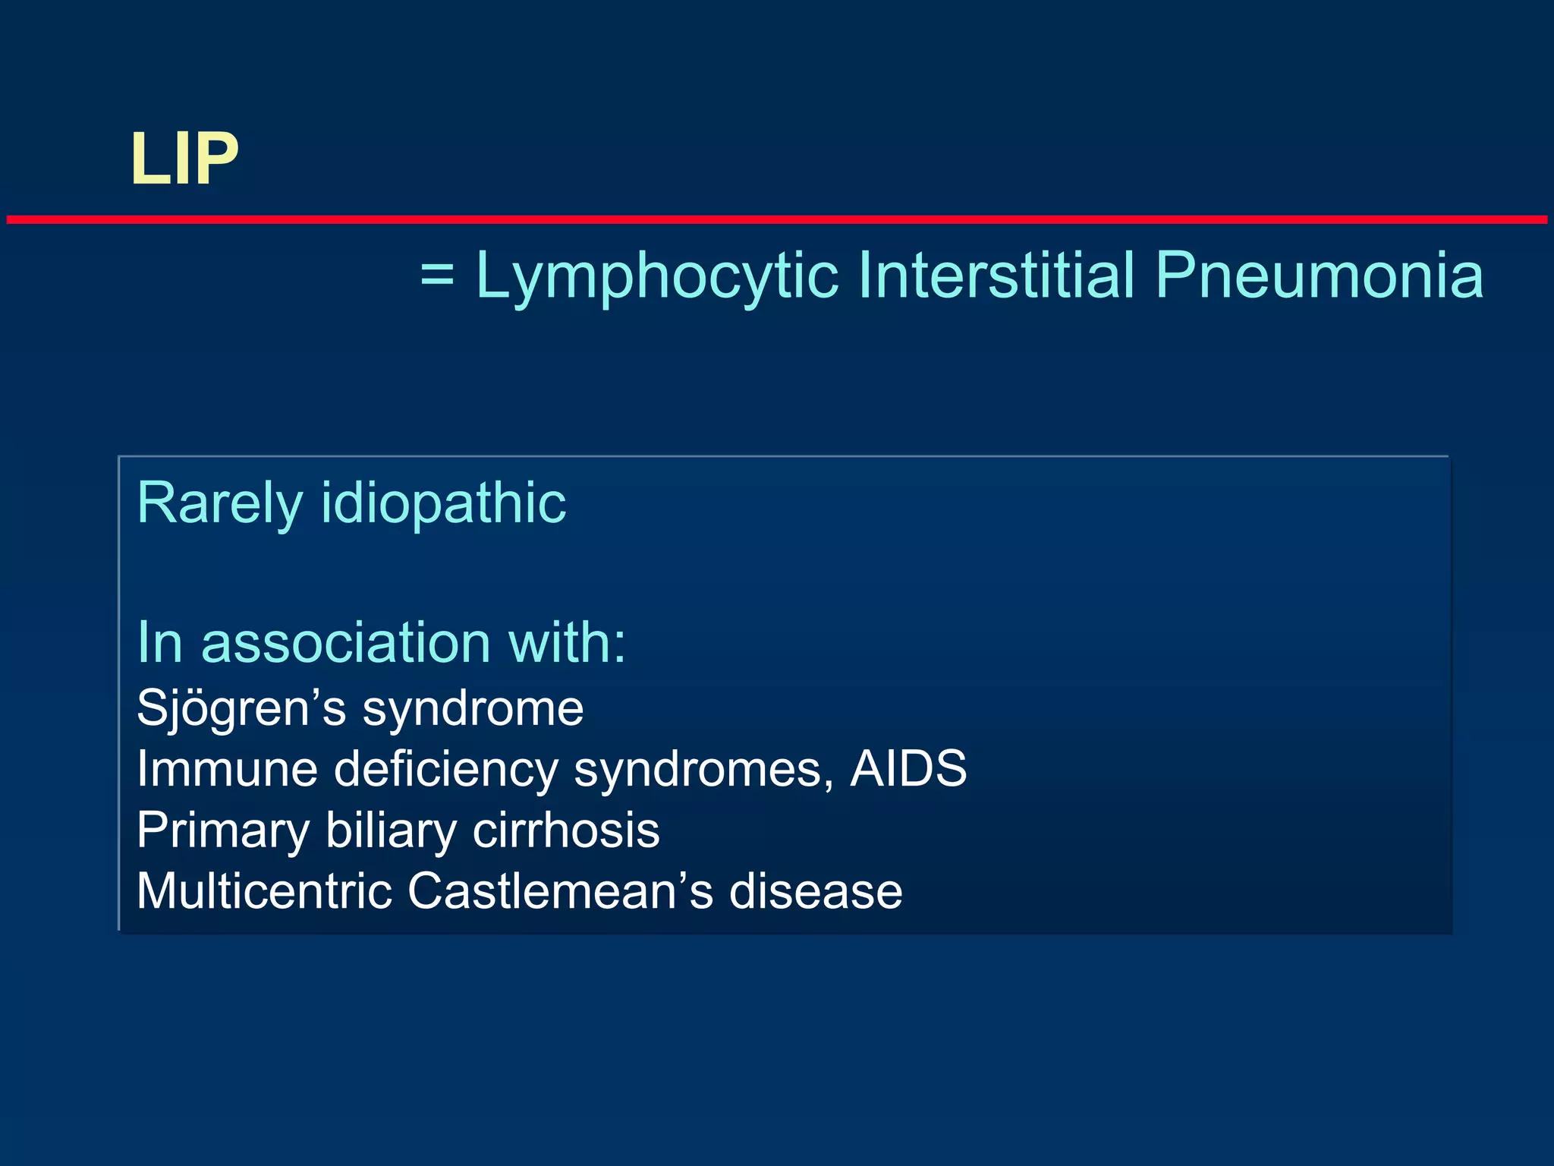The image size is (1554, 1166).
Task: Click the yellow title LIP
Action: (x=184, y=159)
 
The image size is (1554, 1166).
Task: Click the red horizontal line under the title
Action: (x=777, y=219)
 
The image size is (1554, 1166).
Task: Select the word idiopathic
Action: (x=444, y=504)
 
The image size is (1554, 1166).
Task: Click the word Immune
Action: (x=227, y=769)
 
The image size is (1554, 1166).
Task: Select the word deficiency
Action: (x=446, y=769)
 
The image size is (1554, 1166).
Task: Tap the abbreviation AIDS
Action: (x=908, y=769)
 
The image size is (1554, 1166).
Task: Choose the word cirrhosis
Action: (x=566, y=830)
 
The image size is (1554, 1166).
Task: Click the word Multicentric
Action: (x=264, y=890)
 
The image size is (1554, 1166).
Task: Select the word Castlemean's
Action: (x=560, y=890)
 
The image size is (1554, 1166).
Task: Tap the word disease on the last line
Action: (x=816, y=890)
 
